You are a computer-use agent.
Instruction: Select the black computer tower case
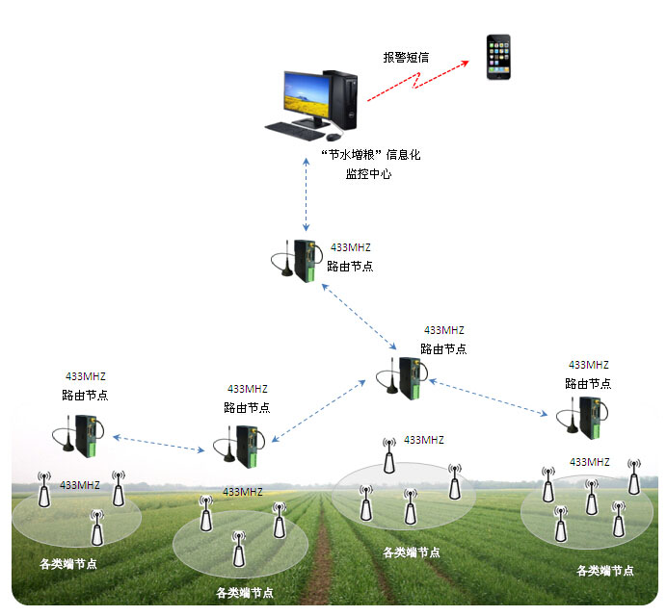tap(344, 99)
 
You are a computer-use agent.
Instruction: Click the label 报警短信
tap(405, 57)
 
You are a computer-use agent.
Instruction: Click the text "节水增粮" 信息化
tap(370, 154)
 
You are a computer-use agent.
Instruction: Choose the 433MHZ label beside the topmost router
tap(350, 247)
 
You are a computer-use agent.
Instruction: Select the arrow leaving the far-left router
tap(160, 443)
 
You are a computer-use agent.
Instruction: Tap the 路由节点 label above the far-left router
tap(85, 395)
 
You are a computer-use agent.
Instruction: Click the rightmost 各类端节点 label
tap(605, 570)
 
